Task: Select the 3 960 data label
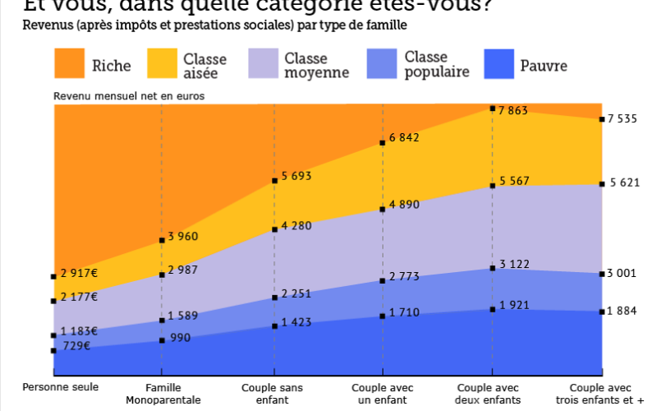click(183, 237)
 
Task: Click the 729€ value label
click(76, 345)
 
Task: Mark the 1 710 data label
click(404, 312)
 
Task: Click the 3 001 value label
click(623, 274)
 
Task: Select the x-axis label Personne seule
click(60, 387)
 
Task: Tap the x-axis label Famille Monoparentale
click(163, 394)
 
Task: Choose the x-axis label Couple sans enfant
click(273, 394)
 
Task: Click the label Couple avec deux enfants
click(492, 394)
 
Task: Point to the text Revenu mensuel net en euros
click(129, 95)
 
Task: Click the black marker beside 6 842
click(383, 144)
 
